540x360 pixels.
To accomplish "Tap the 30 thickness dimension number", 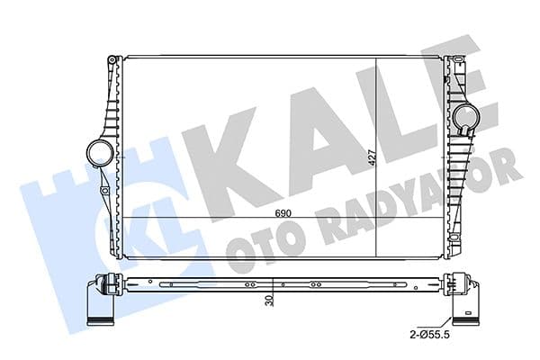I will click(x=270, y=303).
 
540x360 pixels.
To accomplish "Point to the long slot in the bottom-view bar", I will click(x=180, y=286).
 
